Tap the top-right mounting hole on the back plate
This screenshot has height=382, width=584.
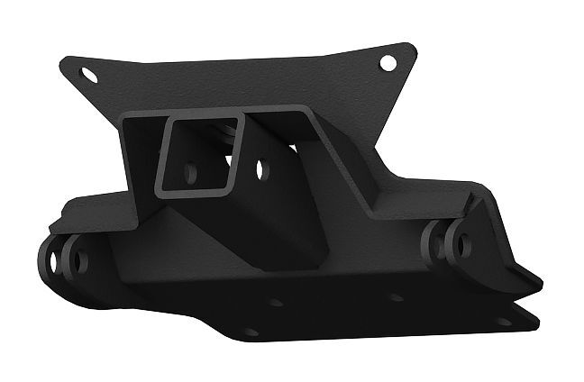(x=388, y=63)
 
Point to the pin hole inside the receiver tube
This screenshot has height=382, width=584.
(x=191, y=169)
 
